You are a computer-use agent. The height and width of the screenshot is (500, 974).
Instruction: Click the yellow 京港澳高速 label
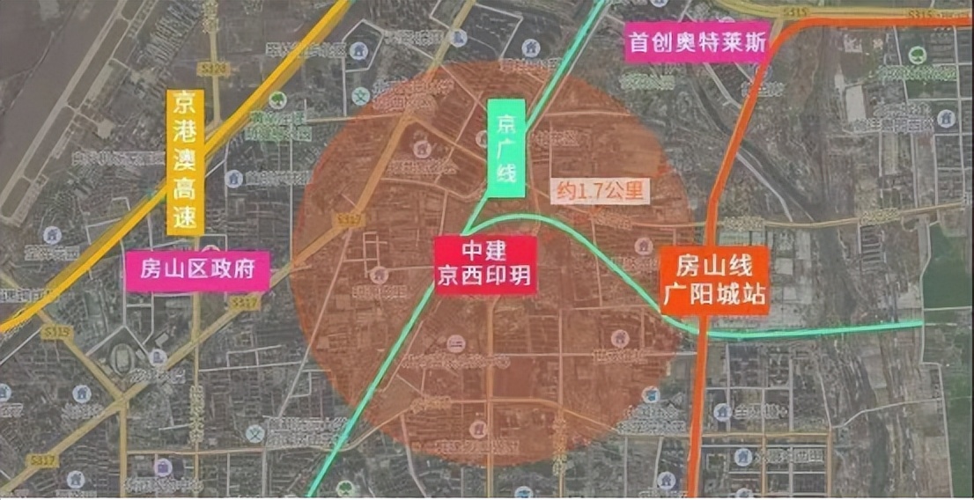point(185,162)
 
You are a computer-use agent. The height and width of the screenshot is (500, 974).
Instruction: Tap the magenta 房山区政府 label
point(197,270)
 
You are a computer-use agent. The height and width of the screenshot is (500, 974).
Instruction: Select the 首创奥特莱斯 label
point(698,41)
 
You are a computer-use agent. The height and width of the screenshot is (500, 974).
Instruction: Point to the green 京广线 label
point(505,148)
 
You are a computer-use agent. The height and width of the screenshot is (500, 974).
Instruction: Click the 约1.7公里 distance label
point(600,191)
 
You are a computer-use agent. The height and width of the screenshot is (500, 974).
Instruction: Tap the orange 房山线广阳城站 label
point(714,280)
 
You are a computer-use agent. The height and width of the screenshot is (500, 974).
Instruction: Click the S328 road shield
point(214,69)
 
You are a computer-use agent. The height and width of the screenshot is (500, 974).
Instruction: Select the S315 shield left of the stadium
point(55,332)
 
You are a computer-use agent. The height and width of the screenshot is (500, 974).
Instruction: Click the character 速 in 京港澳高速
point(185,218)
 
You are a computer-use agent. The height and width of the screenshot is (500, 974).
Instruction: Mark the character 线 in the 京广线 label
point(505,174)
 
